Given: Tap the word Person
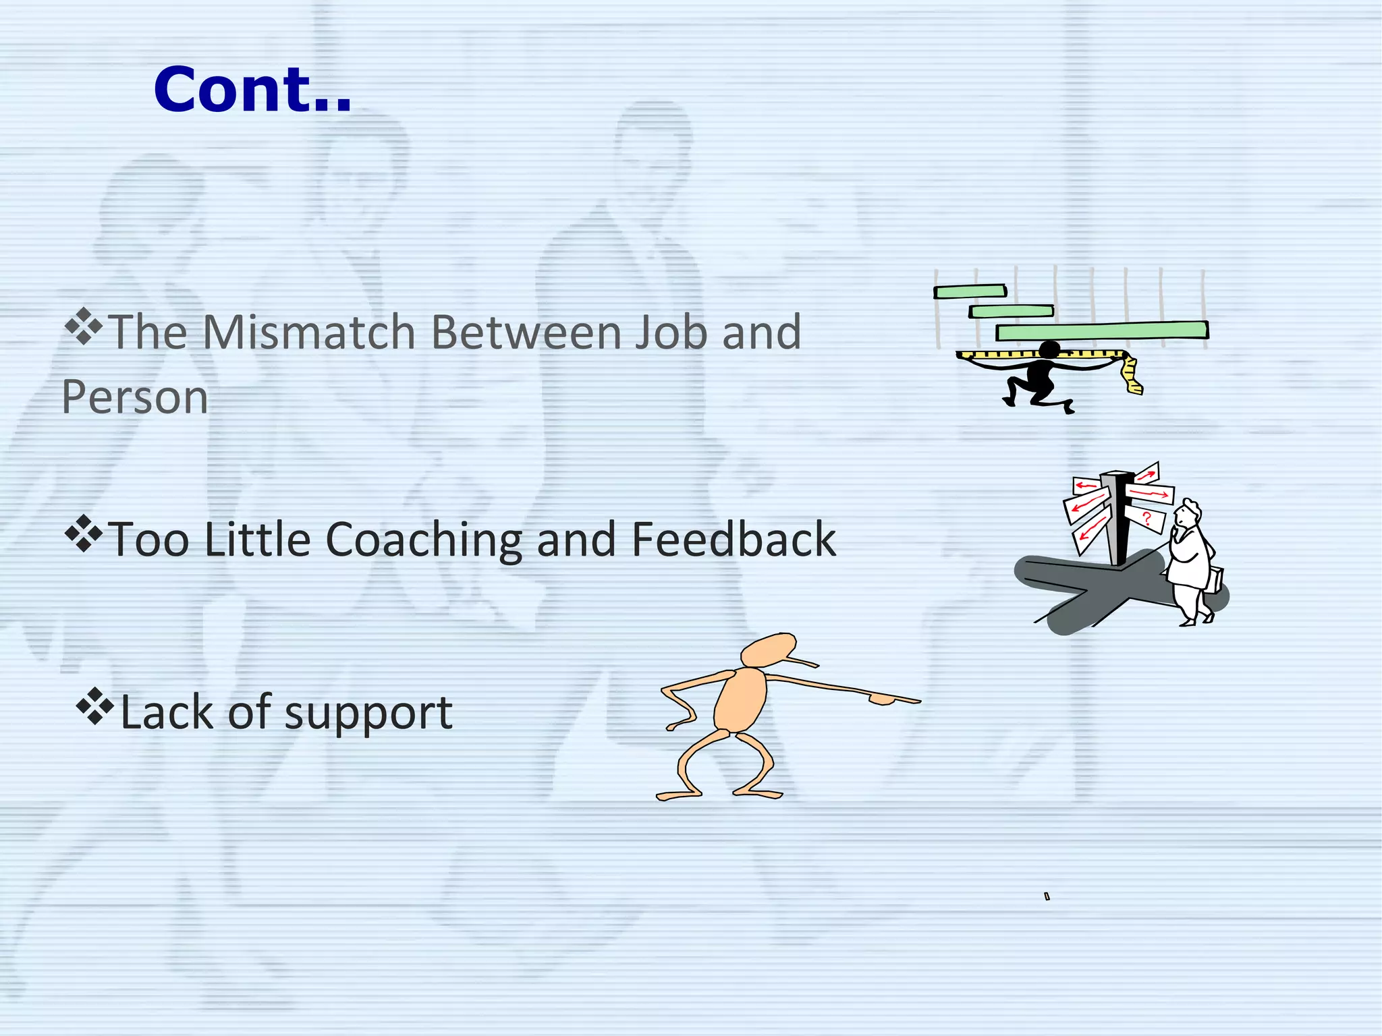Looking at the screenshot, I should [x=135, y=397].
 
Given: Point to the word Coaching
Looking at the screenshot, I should [x=424, y=540].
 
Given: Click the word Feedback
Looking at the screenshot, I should [x=734, y=540].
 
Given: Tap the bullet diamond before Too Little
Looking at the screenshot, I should [x=83, y=534].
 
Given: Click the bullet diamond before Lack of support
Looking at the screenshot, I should [x=95, y=706].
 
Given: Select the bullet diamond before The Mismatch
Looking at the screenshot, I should [x=83, y=326].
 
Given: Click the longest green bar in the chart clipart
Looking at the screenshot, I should [x=1102, y=330].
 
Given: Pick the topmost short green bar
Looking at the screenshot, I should [x=970, y=291].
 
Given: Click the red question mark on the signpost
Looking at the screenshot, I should [x=1146, y=518].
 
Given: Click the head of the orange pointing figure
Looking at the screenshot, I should [x=769, y=650].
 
